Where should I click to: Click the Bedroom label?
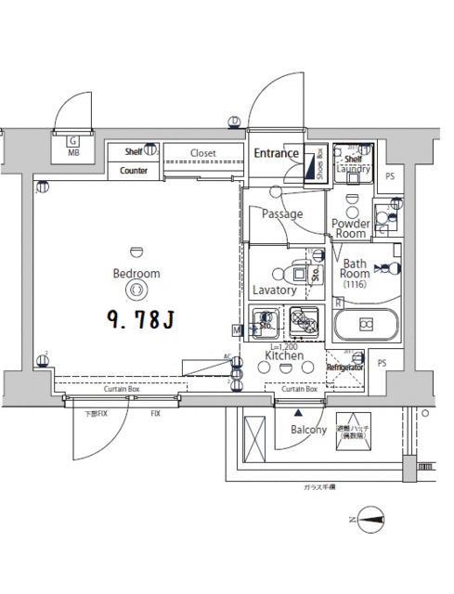136,274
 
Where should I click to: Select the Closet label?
203,153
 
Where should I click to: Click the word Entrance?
276,153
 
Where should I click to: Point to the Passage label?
281,214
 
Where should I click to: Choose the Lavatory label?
274,291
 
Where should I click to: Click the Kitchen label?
284,355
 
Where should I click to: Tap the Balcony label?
308,430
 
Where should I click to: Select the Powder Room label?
351,229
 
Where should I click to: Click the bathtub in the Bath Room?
366,325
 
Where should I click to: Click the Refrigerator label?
344,368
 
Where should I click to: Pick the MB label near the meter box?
72,154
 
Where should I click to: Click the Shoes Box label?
320,164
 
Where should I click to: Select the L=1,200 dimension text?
283,345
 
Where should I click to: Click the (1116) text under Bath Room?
354,284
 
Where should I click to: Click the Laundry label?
354,170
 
